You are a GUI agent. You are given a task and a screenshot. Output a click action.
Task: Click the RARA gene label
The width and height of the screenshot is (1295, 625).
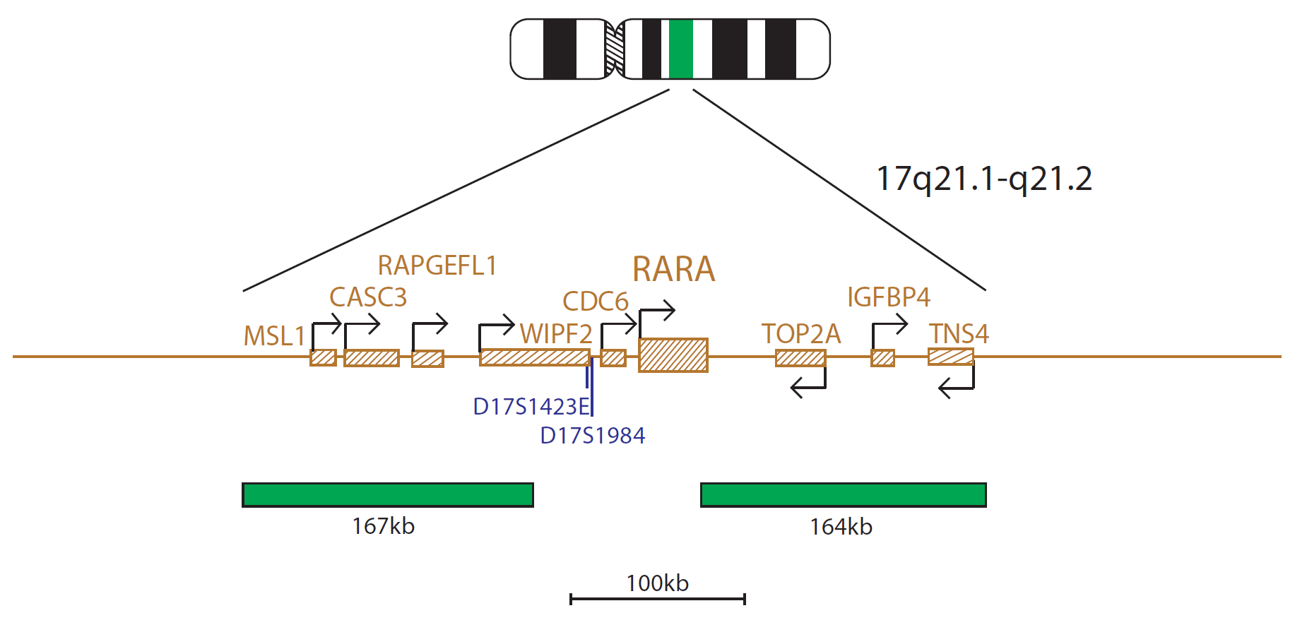tap(673, 269)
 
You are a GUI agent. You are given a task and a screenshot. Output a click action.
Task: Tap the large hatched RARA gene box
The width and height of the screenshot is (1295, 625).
tap(673, 355)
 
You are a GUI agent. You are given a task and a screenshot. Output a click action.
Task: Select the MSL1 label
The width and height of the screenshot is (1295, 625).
tap(274, 336)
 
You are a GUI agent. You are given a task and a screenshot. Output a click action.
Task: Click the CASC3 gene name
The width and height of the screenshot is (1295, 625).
tap(368, 297)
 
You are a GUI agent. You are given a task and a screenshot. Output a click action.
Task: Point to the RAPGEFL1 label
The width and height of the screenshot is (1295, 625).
tap(437, 266)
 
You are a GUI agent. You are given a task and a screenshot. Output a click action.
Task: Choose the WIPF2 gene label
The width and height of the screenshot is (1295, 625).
tap(556, 333)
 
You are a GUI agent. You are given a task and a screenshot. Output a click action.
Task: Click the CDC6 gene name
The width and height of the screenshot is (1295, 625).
tap(595, 302)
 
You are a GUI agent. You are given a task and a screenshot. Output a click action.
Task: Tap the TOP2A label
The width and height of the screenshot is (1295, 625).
tap(801, 333)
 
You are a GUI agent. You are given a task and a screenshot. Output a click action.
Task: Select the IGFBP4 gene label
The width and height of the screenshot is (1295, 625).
tap(889, 297)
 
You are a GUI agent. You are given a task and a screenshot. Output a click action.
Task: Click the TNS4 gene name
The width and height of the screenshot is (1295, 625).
tap(959, 333)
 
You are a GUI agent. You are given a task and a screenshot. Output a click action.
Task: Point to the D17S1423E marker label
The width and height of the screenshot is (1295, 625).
tap(531, 407)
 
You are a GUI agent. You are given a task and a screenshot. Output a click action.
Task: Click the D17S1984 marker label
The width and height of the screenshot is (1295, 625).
tap(592, 436)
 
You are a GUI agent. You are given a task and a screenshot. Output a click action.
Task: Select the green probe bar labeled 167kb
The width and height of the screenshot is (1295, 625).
tap(388, 495)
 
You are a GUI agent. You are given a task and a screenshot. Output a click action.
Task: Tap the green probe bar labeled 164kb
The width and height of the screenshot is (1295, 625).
tap(844, 495)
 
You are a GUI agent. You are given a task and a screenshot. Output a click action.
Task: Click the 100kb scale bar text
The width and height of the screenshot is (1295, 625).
tap(657, 583)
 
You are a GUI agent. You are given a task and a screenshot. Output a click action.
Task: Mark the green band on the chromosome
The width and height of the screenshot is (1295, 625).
tap(681, 49)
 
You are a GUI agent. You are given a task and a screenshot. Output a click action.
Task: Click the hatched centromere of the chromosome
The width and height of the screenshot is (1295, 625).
tap(615, 49)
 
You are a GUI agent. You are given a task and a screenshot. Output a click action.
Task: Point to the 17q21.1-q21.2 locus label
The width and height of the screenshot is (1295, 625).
tap(984, 179)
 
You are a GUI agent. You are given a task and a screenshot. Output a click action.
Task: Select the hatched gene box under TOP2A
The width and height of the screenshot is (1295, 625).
tap(800, 358)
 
